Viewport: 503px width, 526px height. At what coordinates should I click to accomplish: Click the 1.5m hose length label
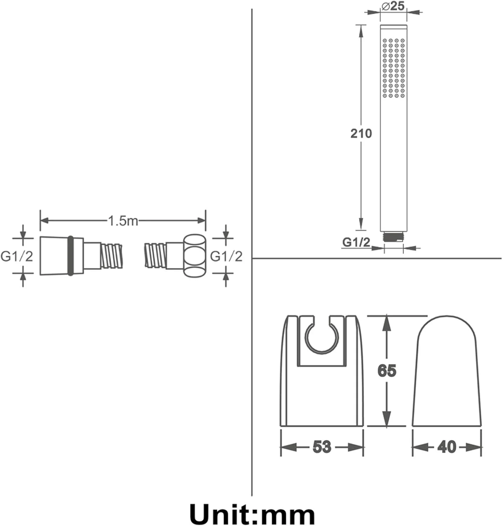pyautogui.click(x=123, y=221)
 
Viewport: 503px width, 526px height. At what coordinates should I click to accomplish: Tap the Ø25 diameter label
pyautogui.click(x=393, y=6)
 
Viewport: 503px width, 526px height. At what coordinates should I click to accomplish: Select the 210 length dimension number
pyautogui.click(x=361, y=133)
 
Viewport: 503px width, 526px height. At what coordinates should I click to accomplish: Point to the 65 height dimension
pyautogui.click(x=387, y=370)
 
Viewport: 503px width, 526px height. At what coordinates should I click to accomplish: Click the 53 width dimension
pyautogui.click(x=321, y=447)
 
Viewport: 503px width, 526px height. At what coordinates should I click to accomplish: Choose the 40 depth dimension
pyautogui.click(x=447, y=447)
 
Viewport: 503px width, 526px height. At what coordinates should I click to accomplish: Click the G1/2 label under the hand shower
pyautogui.click(x=356, y=242)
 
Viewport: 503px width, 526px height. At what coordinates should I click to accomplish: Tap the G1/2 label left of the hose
pyautogui.click(x=16, y=256)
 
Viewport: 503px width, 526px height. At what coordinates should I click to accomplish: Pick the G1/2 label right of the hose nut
pyautogui.click(x=226, y=256)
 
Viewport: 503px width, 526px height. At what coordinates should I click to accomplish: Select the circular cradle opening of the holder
pyautogui.click(x=322, y=337)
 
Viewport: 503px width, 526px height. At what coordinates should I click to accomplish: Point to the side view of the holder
pyautogui.click(x=446, y=371)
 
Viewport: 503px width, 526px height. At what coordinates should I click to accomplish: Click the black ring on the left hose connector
pyautogui.click(x=70, y=256)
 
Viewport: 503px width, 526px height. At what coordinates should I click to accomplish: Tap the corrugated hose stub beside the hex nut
pyautogui.click(x=156, y=256)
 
